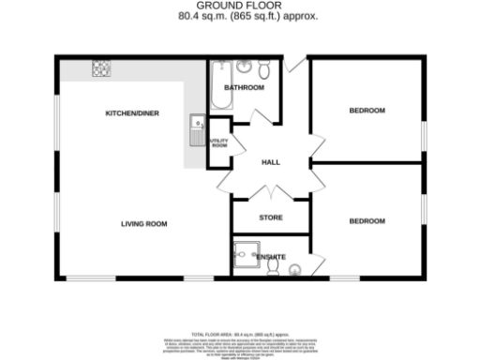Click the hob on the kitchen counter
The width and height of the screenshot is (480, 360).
(100, 67)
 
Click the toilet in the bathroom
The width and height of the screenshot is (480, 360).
(264, 70)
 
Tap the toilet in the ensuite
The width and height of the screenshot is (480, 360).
(272, 266)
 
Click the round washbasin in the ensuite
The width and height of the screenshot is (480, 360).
(295, 270)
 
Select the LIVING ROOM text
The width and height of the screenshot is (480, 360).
(143, 223)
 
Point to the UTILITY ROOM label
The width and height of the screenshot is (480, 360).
(218, 143)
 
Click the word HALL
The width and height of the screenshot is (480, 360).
(271, 162)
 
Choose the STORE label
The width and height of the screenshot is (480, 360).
(271, 218)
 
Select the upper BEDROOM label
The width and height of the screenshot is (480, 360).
(367, 111)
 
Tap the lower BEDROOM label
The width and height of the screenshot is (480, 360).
(367, 221)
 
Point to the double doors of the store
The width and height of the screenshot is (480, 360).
(270, 194)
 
